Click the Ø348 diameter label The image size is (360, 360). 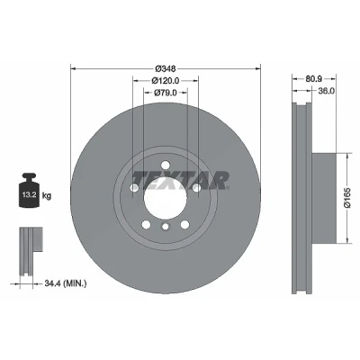(166, 68)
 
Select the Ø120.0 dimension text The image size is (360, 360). (166, 81)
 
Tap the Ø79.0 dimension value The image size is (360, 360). (166, 93)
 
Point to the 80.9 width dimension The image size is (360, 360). (314, 79)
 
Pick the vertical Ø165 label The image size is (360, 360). (347, 198)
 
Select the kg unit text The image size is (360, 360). (47, 196)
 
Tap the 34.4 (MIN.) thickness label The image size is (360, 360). (66, 283)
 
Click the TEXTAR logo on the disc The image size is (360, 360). (181, 181)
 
